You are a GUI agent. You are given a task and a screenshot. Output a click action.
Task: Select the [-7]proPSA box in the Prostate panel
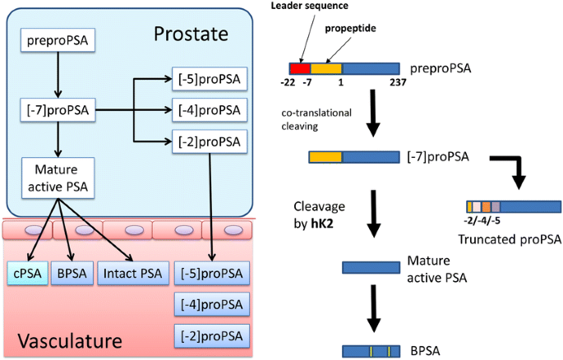coord(57,108)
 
